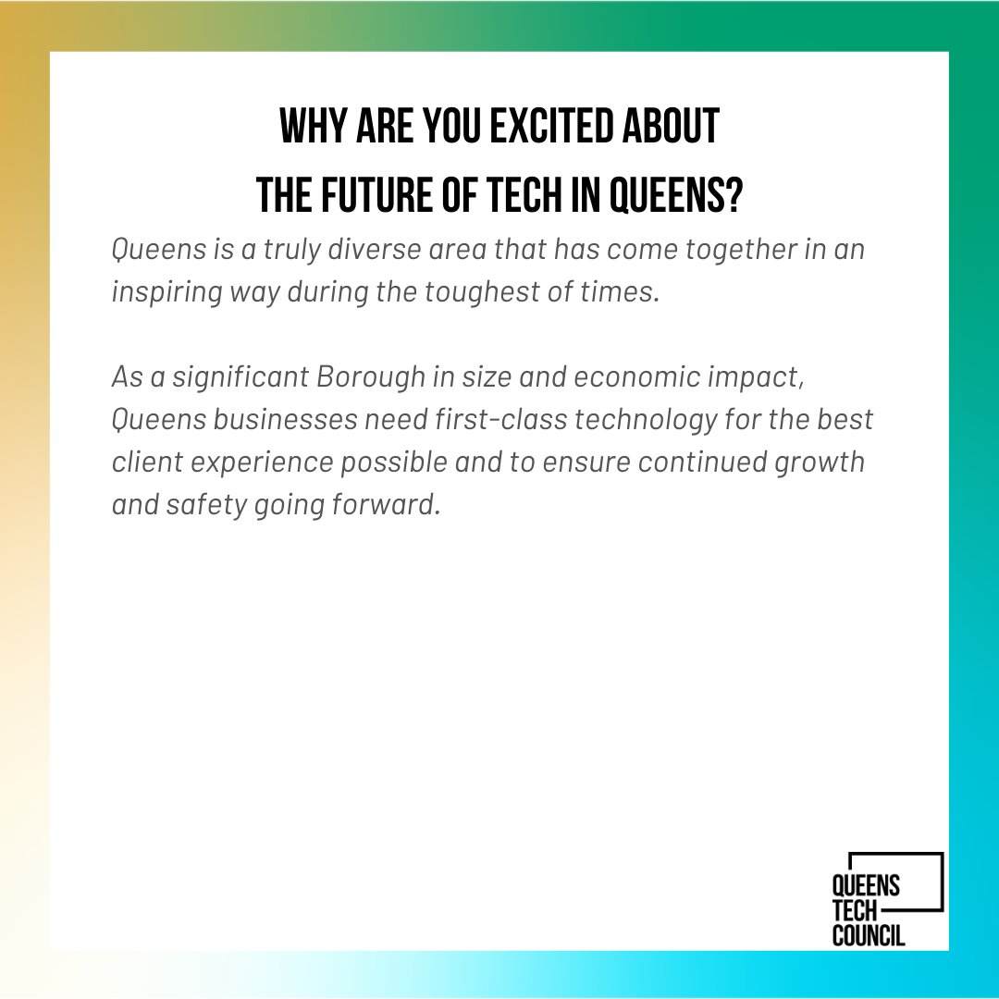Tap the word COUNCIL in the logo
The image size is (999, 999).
coord(869,935)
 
